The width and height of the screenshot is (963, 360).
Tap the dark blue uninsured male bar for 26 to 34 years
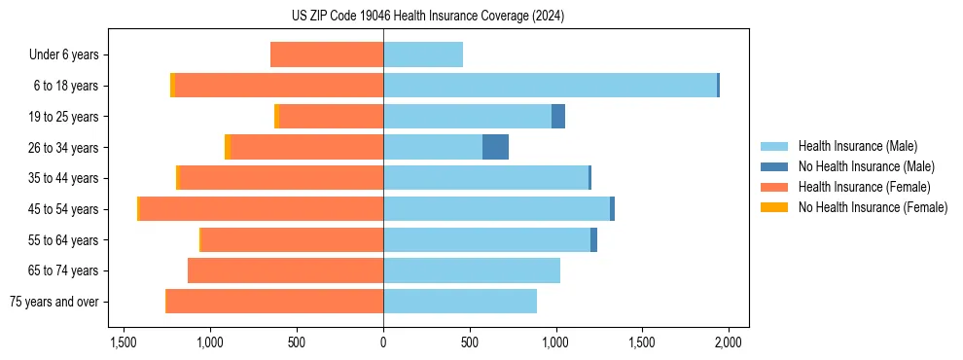click(x=495, y=147)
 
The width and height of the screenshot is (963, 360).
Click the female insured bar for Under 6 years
click(x=327, y=54)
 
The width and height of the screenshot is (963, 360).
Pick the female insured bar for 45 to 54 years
click(x=262, y=209)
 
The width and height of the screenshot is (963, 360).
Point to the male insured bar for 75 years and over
click(x=460, y=302)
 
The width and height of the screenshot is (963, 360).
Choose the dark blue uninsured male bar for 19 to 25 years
click(x=558, y=117)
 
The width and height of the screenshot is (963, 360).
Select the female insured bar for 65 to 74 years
click(x=286, y=270)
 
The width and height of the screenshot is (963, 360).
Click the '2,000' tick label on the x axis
click(x=729, y=342)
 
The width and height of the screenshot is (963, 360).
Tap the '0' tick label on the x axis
click(x=383, y=342)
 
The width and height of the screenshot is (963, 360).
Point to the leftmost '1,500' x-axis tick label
click(x=124, y=342)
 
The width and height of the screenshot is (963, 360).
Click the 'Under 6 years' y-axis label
click(x=63, y=55)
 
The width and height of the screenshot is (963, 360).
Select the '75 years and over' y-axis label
click(x=53, y=302)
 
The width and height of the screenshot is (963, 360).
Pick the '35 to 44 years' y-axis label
click(x=60, y=178)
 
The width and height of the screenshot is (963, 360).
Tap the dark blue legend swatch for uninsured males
click(x=774, y=166)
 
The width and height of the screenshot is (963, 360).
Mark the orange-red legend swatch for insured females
click(x=774, y=187)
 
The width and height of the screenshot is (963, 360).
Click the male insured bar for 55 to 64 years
click(x=486, y=240)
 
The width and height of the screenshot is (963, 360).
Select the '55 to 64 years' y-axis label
click(x=60, y=240)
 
